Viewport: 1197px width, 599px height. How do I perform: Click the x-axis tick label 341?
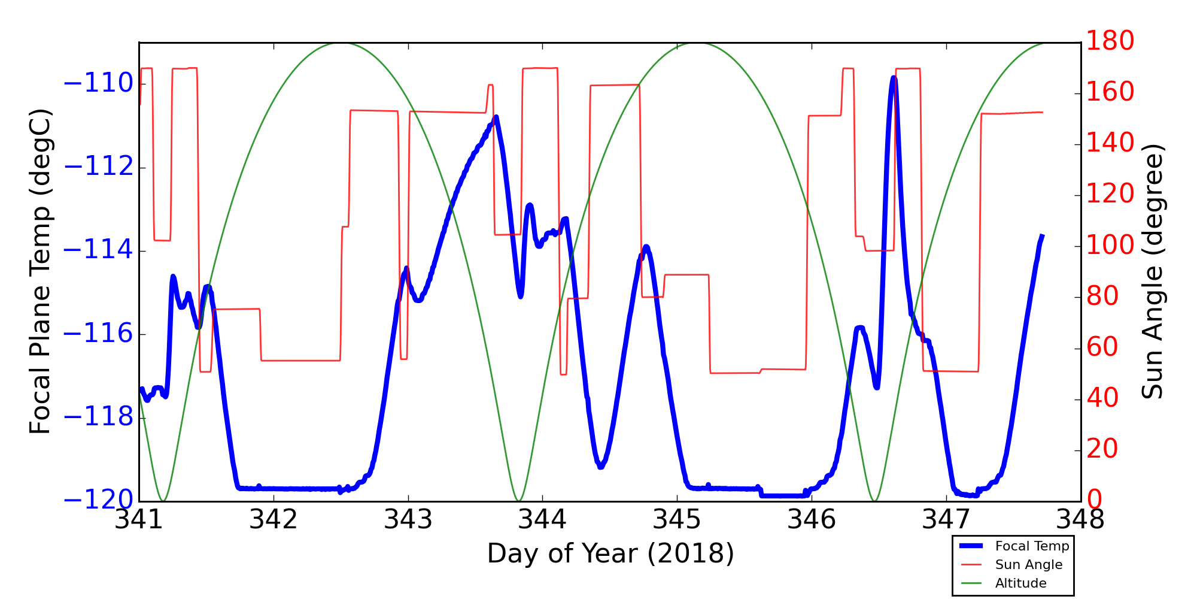tap(139, 520)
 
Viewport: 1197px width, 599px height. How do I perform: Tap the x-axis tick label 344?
tap(543, 520)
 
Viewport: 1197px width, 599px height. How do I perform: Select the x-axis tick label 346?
tap(812, 520)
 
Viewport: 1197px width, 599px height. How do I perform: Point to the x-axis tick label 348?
tap(1080, 520)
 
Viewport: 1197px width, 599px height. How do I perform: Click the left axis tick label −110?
tap(98, 84)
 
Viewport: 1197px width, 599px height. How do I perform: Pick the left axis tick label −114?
tap(98, 250)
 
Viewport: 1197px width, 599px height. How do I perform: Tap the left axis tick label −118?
tap(98, 418)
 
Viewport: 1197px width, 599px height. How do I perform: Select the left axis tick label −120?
tap(98, 500)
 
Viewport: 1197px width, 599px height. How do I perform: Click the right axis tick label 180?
tap(1110, 41)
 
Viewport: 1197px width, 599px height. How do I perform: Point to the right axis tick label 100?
tap(1110, 246)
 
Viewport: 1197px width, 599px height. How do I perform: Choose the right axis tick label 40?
tap(1102, 398)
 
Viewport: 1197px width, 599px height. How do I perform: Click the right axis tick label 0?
tap(1095, 500)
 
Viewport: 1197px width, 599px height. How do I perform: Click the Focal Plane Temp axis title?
tap(41, 271)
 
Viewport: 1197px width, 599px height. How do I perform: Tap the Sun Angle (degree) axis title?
tap(1152, 271)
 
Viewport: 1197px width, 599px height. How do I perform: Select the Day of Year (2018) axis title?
tap(610, 553)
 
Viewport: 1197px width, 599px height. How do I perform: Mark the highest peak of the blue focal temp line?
tap(894, 78)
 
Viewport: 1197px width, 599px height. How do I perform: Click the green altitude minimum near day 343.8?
tap(519, 500)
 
